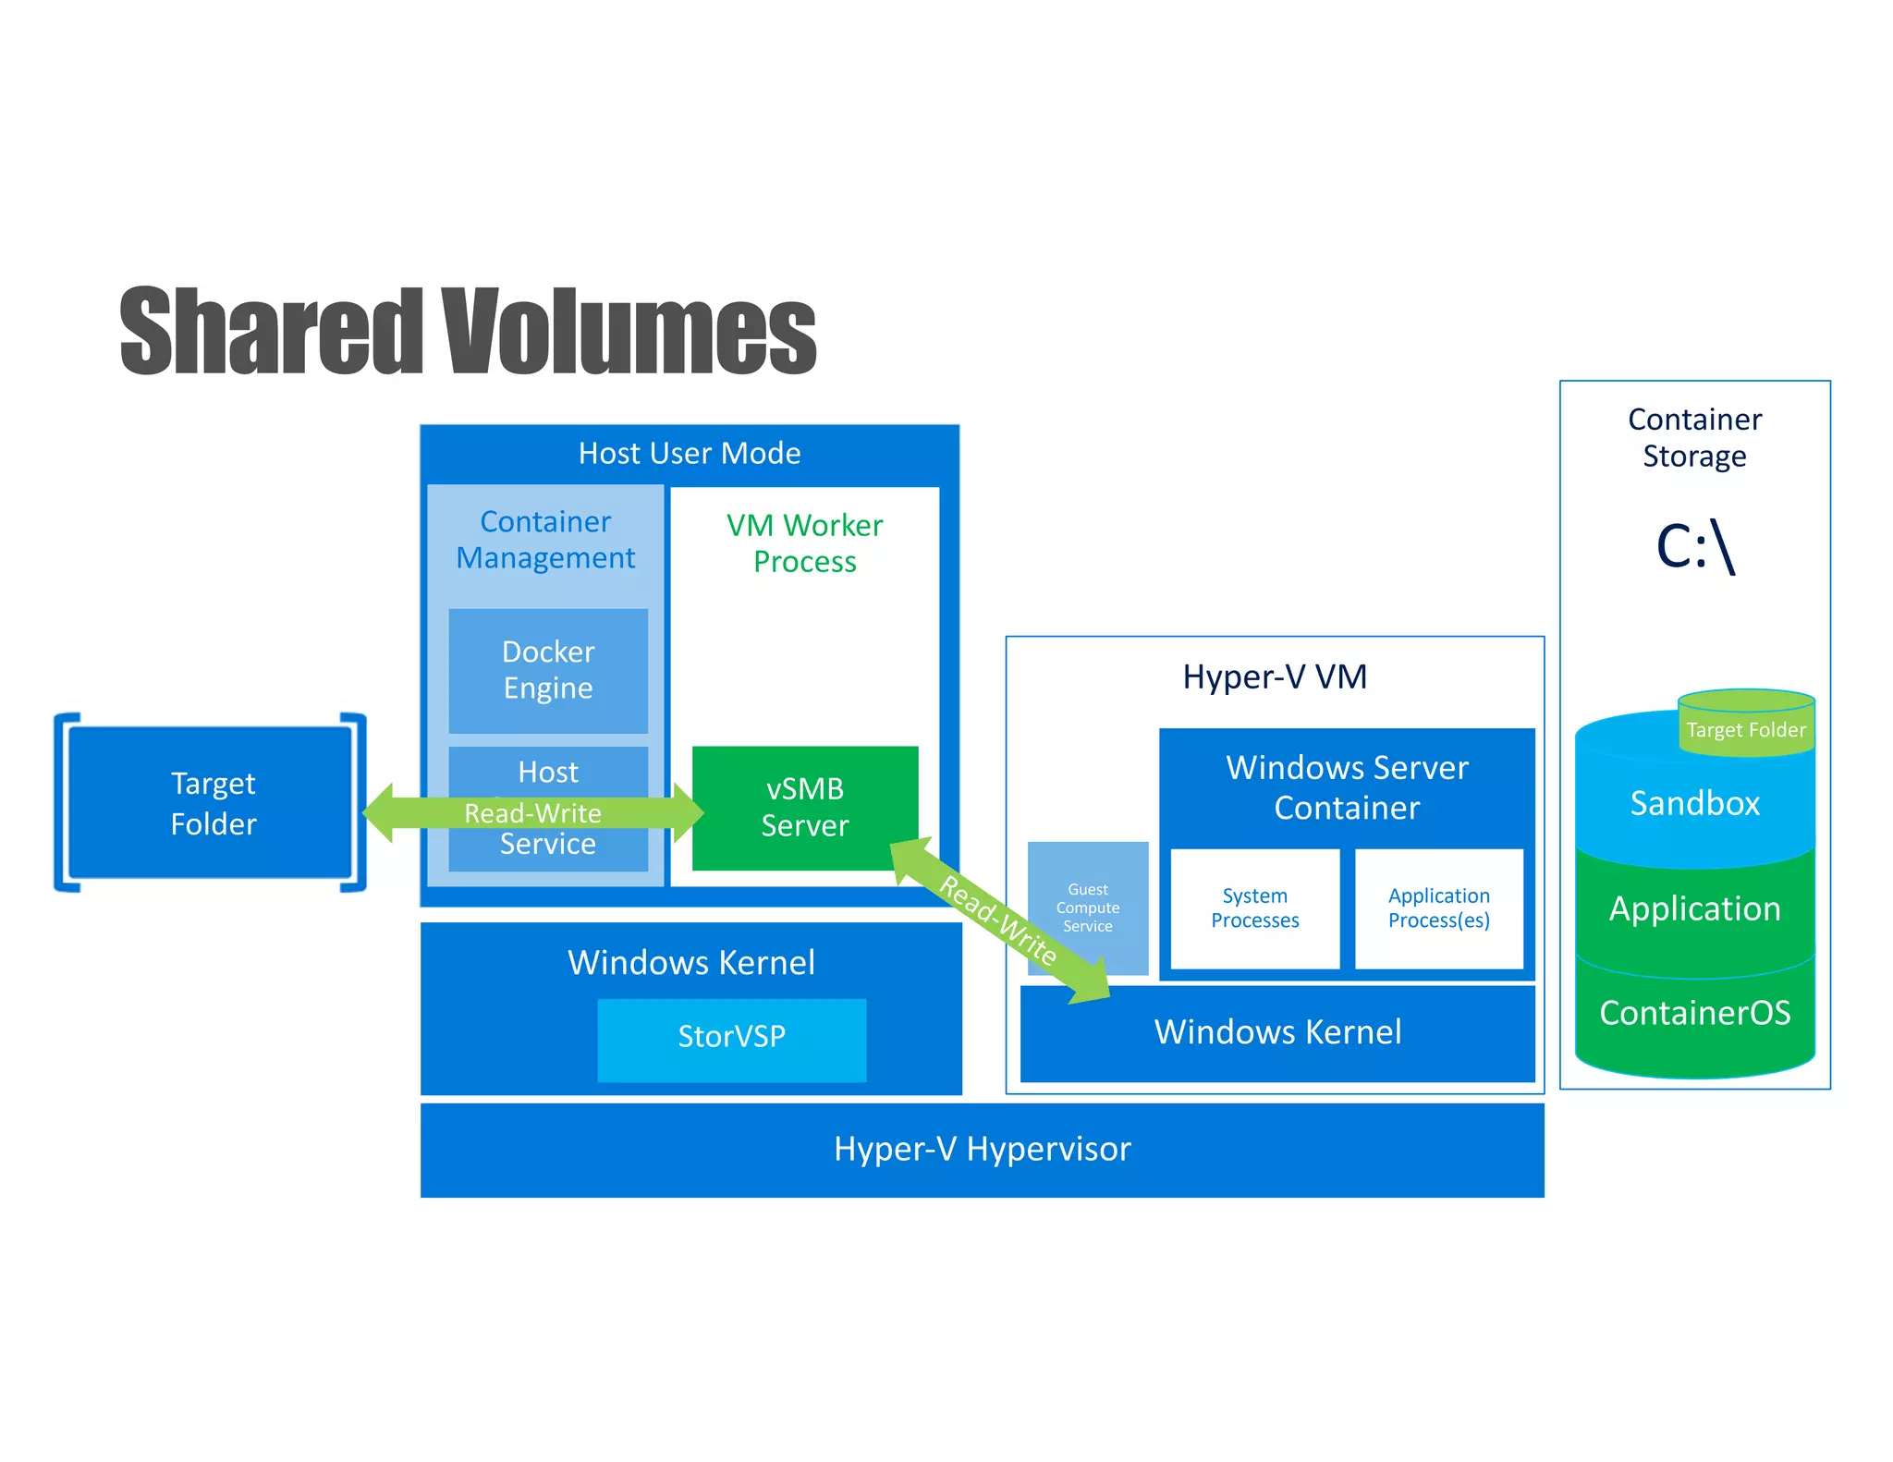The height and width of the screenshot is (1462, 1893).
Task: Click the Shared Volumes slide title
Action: [x=468, y=331]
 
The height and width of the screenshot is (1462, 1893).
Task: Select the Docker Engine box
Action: [x=548, y=670]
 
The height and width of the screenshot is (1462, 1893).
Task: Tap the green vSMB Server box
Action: [x=804, y=807]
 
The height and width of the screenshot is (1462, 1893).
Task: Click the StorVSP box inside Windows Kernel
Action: [x=731, y=1037]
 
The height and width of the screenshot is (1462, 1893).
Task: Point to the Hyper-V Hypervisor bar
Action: [x=982, y=1149]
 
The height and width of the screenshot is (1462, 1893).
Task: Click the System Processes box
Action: [x=1254, y=908]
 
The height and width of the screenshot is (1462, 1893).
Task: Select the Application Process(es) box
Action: [x=1438, y=908]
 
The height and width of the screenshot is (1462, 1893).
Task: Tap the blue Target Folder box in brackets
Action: [x=213, y=803]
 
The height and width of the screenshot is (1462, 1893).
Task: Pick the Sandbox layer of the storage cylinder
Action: [x=1693, y=804]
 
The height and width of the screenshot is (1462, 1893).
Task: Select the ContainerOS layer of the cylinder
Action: [x=1693, y=1014]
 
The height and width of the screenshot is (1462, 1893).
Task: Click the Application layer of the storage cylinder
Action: [x=1693, y=909]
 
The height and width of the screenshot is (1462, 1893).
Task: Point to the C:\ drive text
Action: [x=1695, y=547]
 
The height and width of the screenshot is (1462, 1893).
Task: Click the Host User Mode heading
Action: [x=689, y=454]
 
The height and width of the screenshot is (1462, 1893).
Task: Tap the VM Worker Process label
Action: [x=804, y=543]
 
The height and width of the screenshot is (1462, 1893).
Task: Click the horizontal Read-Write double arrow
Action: [x=532, y=812]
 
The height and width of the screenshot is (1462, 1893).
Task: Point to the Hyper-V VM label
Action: [x=1274, y=677]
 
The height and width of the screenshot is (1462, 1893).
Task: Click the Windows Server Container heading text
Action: [x=1346, y=787]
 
